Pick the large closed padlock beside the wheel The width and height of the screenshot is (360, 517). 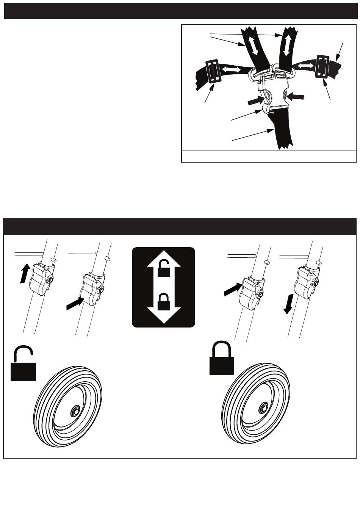pos(222,358)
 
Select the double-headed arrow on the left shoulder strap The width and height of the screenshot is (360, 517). pos(252,45)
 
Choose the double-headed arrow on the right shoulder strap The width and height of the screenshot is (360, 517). pos(286,44)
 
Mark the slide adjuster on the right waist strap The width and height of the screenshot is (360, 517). pos(322,67)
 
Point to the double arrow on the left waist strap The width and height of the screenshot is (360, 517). pos(231,70)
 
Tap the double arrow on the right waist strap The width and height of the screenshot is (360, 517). pos(305,66)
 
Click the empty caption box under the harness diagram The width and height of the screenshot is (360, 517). pos(269,156)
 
